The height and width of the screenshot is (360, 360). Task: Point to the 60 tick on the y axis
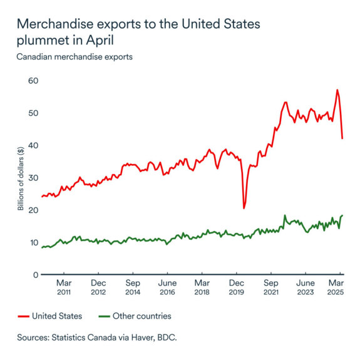[x=32, y=81]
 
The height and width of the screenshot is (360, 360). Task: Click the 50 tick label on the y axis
[x=32, y=113]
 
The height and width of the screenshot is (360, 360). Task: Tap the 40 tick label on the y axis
[x=32, y=145]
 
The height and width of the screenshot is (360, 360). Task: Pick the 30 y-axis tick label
[x=32, y=178]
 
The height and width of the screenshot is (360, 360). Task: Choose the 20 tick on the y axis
[x=32, y=210]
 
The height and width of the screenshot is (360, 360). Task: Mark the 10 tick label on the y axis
[x=32, y=242]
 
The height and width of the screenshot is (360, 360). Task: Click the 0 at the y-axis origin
[x=34, y=275]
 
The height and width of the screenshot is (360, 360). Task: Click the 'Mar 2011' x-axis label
[x=63, y=287]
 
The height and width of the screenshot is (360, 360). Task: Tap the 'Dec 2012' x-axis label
[x=98, y=287]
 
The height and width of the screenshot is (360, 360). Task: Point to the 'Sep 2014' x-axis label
[x=133, y=287]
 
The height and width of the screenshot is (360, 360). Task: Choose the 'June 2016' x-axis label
[x=167, y=287]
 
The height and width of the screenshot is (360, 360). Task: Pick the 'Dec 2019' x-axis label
[x=236, y=287]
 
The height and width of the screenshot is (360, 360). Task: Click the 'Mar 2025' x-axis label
[x=337, y=287]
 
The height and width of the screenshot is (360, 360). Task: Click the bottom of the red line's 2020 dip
[x=244, y=207]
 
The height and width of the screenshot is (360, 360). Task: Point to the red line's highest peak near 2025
[x=337, y=90]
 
